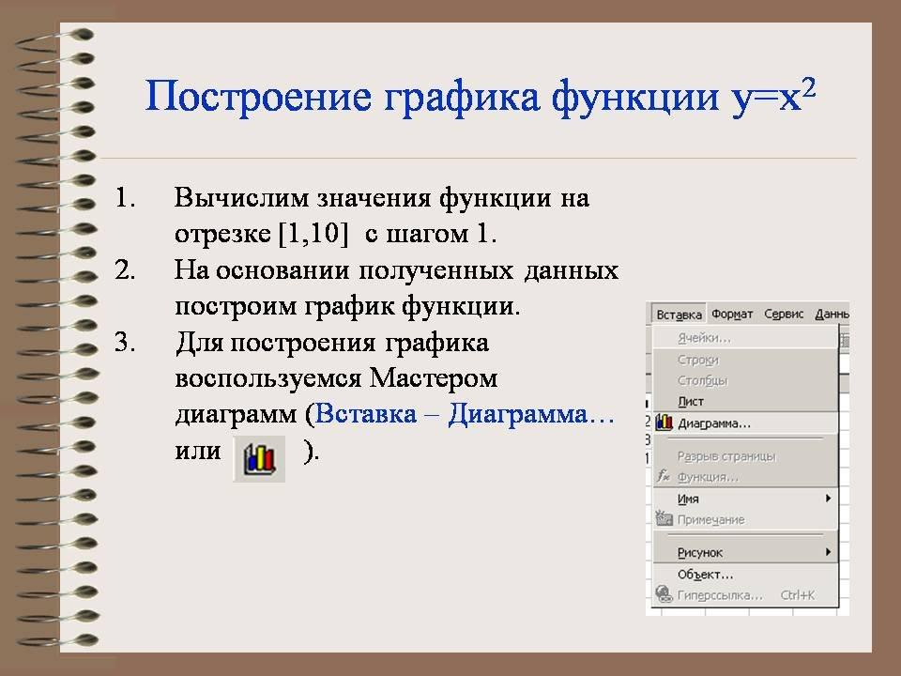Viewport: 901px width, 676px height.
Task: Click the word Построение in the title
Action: click(258, 96)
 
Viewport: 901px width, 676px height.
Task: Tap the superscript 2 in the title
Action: click(808, 88)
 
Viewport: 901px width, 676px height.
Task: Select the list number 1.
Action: click(125, 198)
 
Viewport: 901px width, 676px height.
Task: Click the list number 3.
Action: click(125, 343)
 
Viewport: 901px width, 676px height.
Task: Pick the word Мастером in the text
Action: click(434, 378)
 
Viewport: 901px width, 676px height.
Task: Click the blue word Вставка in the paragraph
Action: click(366, 414)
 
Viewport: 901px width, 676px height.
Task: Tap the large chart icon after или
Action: click(259, 459)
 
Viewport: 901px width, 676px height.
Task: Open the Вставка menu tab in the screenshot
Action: click(679, 315)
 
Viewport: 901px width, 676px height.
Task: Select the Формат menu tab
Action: click(732, 314)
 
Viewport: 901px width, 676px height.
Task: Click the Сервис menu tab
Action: click(784, 314)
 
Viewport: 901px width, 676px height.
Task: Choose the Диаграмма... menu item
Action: click(714, 423)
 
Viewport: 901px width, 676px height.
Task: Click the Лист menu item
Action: click(690, 401)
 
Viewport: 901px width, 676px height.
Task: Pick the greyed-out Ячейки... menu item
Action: click(704, 338)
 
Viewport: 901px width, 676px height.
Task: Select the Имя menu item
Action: click(688, 499)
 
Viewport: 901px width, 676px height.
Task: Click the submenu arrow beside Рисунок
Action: click(828, 552)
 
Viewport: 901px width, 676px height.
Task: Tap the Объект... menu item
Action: click(705, 575)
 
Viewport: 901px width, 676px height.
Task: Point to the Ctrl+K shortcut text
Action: click(797, 595)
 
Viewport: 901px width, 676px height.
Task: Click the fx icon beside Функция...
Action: click(664, 475)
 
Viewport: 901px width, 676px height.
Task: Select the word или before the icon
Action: click(198, 451)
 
